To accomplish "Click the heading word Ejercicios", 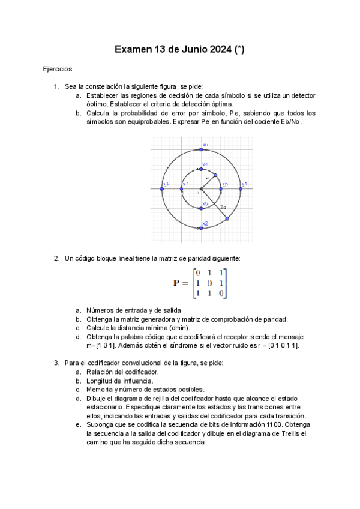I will pos(58,70).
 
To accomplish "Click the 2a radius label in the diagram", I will pos(223,207).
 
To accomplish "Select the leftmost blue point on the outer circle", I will pos(161,189).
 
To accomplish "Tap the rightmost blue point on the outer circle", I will pos(241,189).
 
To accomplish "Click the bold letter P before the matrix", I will pos(176,283).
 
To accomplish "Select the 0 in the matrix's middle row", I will pos(209,283).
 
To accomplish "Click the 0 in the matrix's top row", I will pos(197,273).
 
